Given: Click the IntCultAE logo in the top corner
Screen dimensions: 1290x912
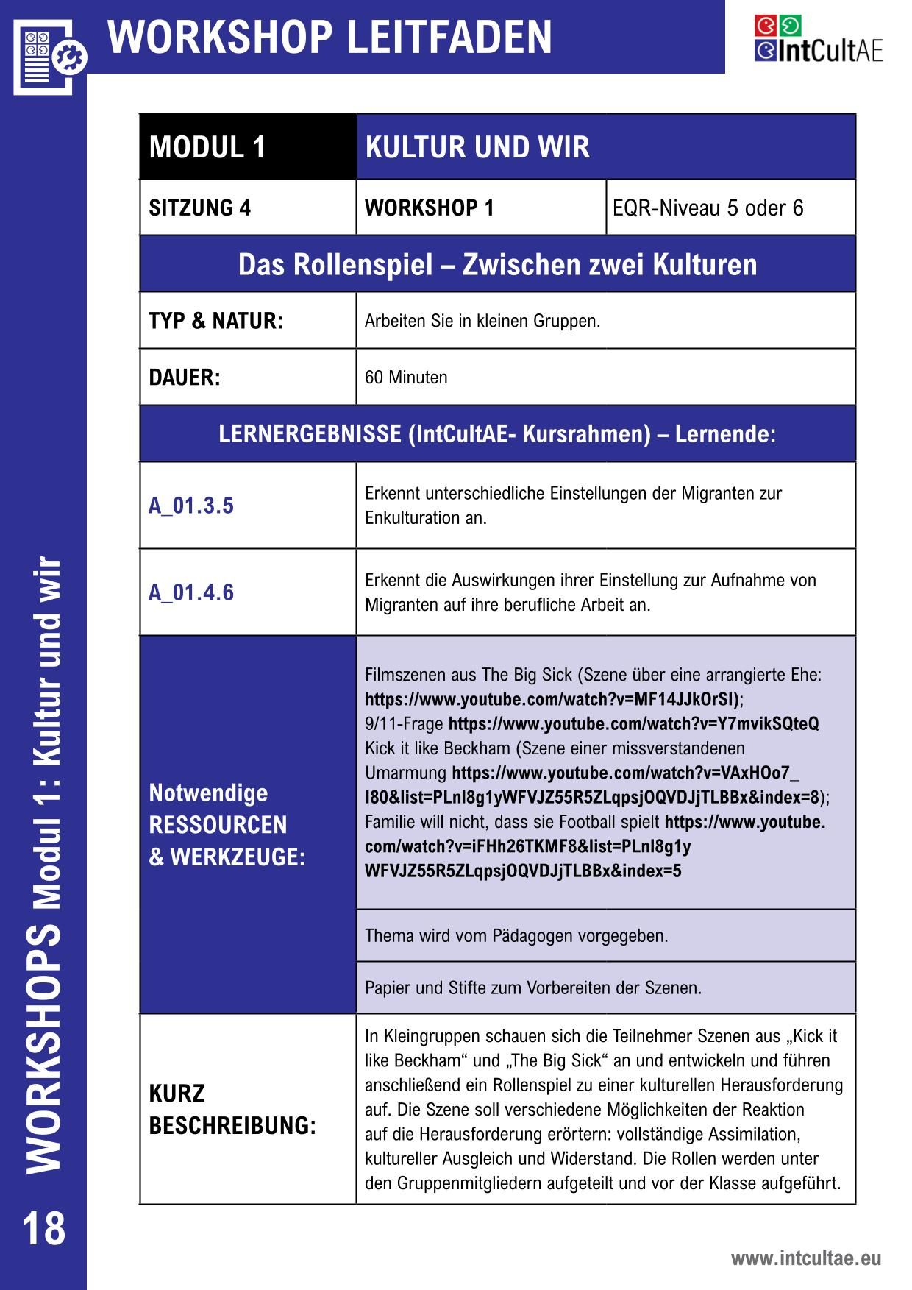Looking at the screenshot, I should pyautogui.click(x=818, y=40).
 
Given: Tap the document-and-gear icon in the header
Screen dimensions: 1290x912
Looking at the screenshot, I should pyautogui.click(x=49, y=56).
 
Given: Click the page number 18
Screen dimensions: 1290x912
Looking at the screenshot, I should pyautogui.click(x=44, y=1228).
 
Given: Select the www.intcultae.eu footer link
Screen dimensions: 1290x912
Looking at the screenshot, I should pyautogui.click(x=805, y=1258).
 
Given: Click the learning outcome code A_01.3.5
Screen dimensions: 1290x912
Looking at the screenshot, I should pyautogui.click(x=191, y=506).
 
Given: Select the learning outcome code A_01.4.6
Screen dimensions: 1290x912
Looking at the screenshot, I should pyautogui.click(x=191, y=592).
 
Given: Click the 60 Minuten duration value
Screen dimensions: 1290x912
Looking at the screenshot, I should pyautogui.click(x=406, y=378).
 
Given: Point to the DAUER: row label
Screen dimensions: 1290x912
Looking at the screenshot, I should pyautogui.click(x=185, y=378).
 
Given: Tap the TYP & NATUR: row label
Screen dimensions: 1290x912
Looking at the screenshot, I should pyautogui.click(x=215, y=321).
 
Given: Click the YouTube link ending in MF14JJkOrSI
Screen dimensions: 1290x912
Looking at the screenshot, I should pyautogui.click(x=552, y=699).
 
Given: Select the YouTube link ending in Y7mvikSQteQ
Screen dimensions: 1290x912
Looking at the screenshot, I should pyautogui.click(x=633, y=724).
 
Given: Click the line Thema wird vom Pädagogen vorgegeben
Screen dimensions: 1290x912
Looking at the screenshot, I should pyautogui.click(x=516, y=936).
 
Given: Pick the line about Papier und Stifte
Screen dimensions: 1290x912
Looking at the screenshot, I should pyautogui.click(x=533, y=988).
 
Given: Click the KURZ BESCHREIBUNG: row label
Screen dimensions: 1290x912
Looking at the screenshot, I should pyautogui.click(x=232, y=1110).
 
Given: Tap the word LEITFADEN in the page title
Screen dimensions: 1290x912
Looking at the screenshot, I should pyautogui.click(x=449, y=37).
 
